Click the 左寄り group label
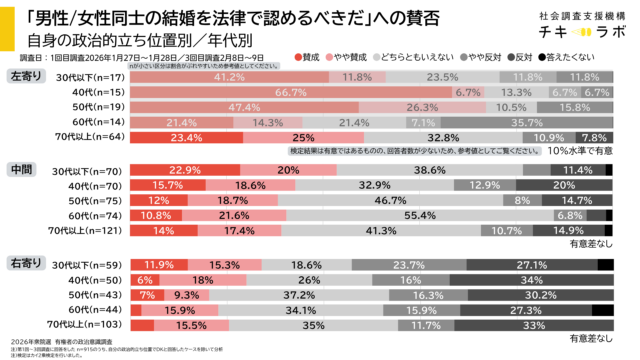(25, 75)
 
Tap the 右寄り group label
(25, 265)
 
